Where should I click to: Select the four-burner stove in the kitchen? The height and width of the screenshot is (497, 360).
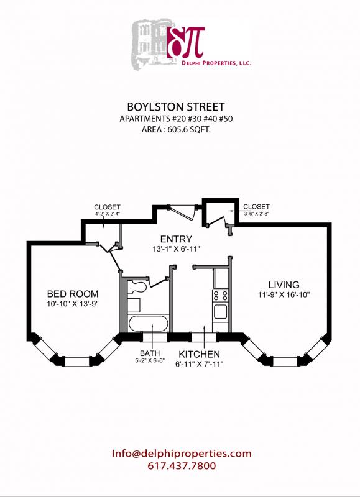221,294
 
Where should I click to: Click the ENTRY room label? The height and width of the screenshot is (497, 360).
176,239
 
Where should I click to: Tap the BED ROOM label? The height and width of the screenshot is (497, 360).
73,294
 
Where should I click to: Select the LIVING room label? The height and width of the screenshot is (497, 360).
284,285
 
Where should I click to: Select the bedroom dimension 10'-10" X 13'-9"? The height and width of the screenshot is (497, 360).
73,304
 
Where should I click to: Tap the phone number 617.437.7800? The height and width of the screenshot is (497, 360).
182,466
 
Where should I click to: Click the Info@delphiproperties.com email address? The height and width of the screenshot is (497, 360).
182,454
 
